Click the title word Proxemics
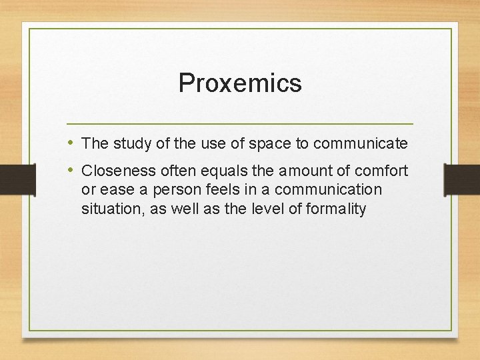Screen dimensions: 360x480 [240, 83]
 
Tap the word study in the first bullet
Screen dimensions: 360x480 [129, 143]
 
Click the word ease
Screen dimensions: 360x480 [116, 190]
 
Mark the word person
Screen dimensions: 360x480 [175, 190]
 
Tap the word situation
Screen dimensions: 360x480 [107, 209]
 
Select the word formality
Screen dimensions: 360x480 [336, 209]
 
